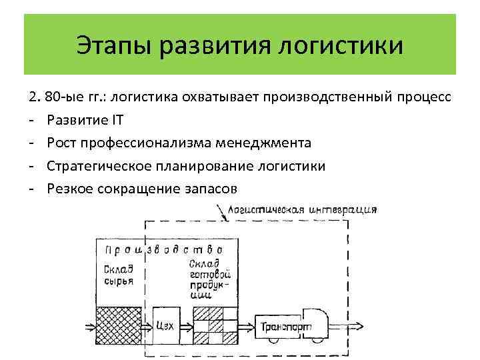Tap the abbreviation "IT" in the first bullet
click(117, 120)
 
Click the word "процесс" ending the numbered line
click(424, 97)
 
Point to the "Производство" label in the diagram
click(163, 250)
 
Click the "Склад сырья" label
click(119, 275)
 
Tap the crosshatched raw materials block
click(119, 325)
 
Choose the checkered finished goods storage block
click(215, 325)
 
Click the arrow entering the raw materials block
click(87, 326)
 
